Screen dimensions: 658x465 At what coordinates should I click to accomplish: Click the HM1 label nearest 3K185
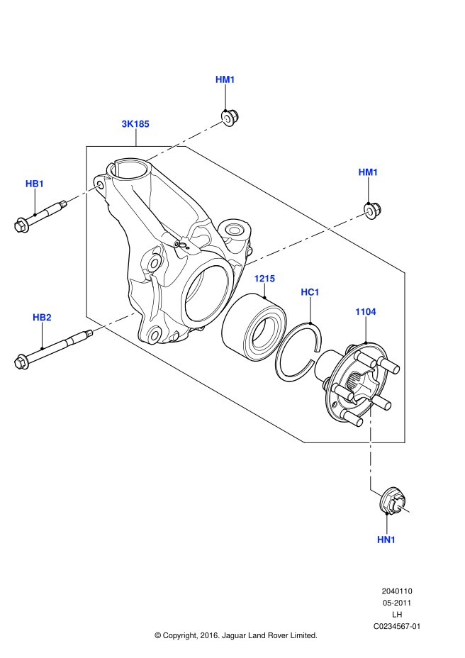click(225, 79)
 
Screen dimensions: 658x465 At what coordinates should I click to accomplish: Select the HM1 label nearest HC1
click(368, 172)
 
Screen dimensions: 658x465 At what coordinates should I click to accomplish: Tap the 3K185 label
click(135, 124)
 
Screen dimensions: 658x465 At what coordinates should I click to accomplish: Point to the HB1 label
click(35, 184)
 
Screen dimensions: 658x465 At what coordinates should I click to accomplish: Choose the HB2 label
click(42, 318)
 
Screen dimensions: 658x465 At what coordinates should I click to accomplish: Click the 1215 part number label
click(264, 279)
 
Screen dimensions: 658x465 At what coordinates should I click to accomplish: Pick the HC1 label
click(310, 292)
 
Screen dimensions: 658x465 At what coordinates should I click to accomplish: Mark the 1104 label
click(365, 312)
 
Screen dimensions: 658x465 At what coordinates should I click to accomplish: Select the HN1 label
click(386, 540)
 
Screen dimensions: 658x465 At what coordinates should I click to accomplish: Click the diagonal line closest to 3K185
click(186, 140)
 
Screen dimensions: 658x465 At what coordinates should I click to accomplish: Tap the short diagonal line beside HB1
click(84, 193)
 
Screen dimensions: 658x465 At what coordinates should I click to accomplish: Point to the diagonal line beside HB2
click(116, 321)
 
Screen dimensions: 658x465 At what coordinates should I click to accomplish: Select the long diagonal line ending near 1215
click(307, 238)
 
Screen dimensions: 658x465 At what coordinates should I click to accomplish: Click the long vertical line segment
click(371, 440)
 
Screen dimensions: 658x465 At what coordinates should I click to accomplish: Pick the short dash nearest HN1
click(402, 508)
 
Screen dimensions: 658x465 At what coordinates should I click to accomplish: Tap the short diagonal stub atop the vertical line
click(362, 384)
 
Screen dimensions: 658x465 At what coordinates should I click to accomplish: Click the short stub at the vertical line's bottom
click(376, 493)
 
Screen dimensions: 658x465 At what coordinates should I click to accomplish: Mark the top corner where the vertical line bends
click(371, 389)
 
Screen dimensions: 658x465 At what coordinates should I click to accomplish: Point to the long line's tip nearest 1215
click(246, 265)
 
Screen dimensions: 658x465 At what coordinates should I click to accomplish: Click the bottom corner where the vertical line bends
click(371, 489)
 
